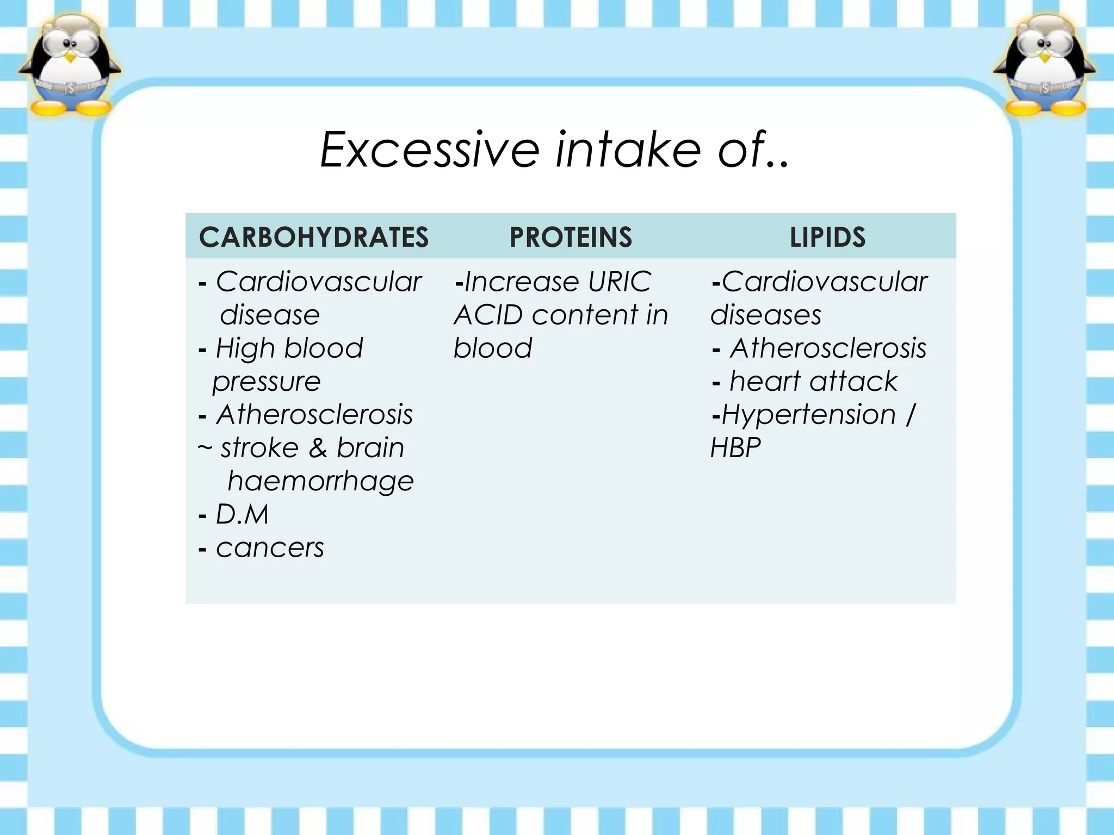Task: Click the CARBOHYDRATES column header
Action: [314, 238]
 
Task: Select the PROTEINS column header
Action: [571, 238]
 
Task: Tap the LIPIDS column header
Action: [827, 238]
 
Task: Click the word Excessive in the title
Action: [430, 149]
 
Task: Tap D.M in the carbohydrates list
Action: [242, 514]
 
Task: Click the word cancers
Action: [270, 548]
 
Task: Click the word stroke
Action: [259, 448]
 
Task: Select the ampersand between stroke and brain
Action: [318, 448]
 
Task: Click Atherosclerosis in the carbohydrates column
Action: [314, 415]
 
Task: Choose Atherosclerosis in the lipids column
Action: [828, 348]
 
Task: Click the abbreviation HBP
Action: [735, 448]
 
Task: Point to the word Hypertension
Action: [808, 415]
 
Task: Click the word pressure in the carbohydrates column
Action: [267, 382]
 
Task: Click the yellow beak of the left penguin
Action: [70, 57]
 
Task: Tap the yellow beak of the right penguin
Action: [1044, 57]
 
